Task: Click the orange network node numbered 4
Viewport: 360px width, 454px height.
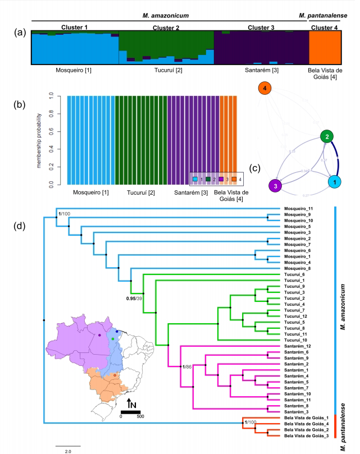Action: click(265, 89)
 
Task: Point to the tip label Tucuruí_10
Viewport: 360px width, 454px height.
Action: click(299, 341)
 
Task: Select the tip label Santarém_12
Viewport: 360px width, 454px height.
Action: click(300, 347)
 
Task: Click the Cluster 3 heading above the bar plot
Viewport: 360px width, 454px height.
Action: click(265, 27)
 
